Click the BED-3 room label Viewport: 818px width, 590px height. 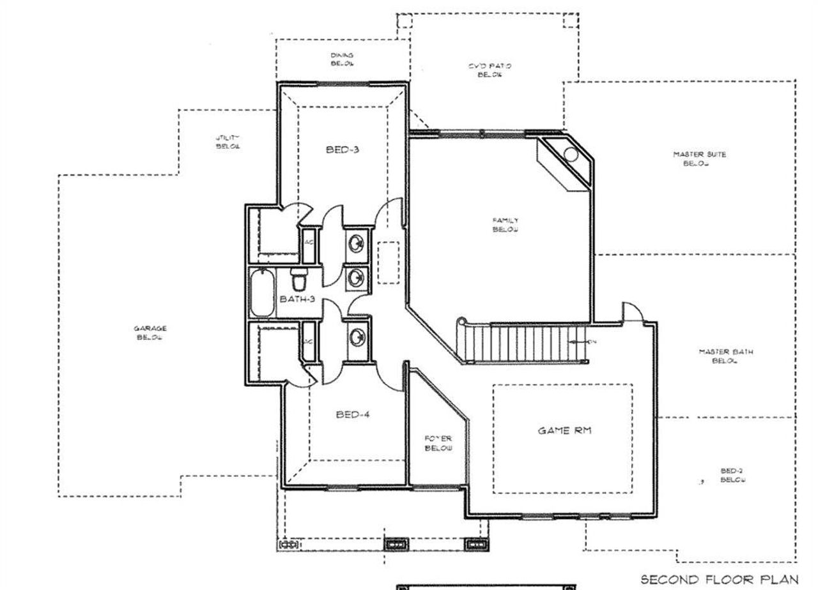click(x=343, y=150)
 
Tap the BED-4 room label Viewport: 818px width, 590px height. click(x=353, y=414)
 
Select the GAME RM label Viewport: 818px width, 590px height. click(x=564, y=430)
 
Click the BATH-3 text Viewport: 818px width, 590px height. click(x=297, y=299)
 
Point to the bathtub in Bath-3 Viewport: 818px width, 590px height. click(x=262, y=293)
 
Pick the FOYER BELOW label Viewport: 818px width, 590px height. click(x=438, y=443)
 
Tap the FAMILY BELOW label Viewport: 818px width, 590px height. click(x=505, y=225)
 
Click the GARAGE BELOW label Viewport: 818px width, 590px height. click(x=150, y=333)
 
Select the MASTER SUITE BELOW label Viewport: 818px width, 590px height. click(x=699, y=158)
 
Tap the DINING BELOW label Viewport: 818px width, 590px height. click(x=342, y=59)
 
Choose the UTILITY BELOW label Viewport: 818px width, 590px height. click(x=228, y=142)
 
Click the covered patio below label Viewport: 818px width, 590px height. click(x=490, y=70)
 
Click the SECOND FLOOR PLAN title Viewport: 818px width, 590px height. click(x=719, y=579)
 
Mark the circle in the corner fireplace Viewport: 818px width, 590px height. click(x=571, y=155)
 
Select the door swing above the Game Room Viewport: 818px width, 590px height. click(x=633, y=313)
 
